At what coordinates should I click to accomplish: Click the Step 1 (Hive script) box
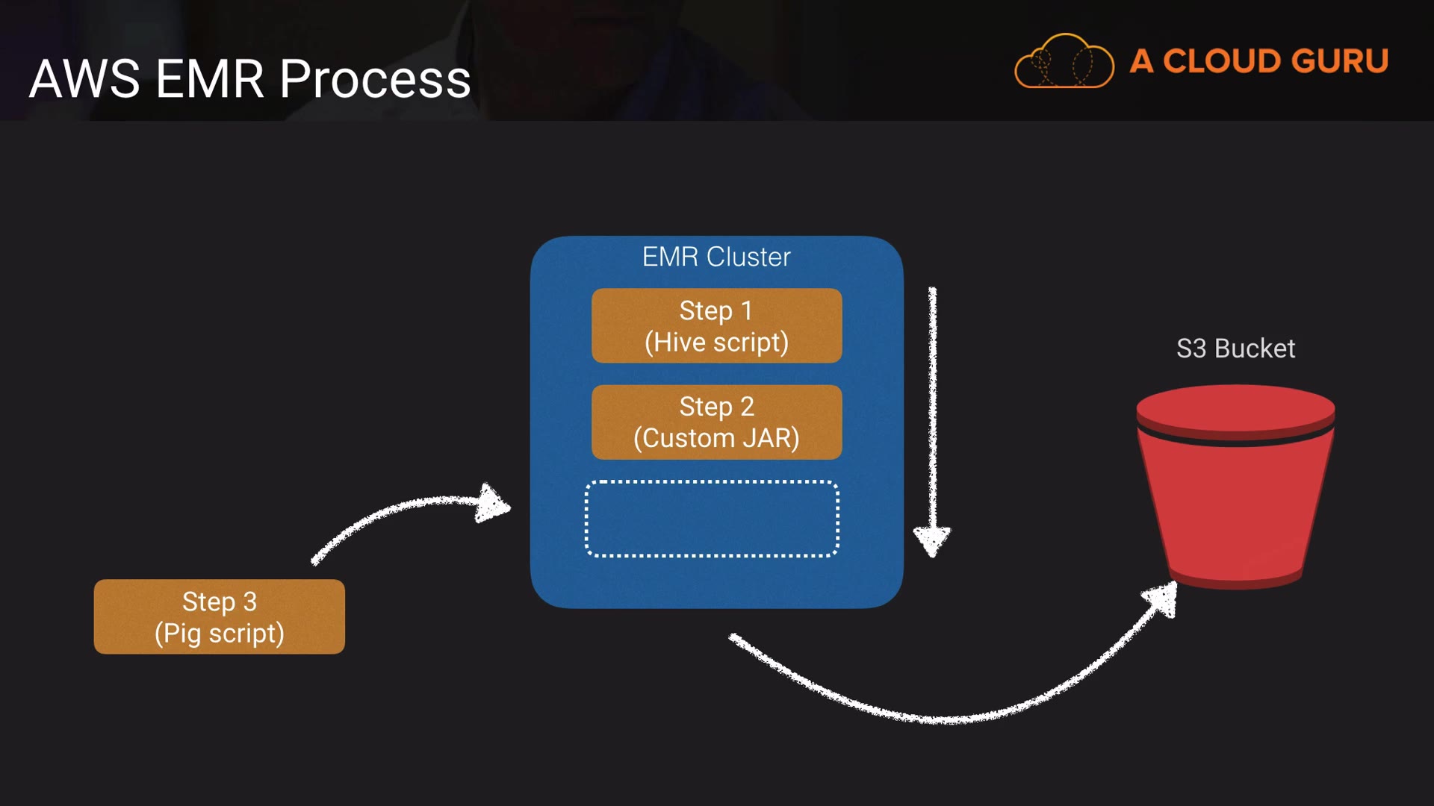(x=716, y=325)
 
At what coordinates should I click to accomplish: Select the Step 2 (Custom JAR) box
(x=716, y=422)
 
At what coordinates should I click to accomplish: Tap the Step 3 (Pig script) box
(x=219, y=616)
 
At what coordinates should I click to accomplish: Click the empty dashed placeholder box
(x=711, y=519)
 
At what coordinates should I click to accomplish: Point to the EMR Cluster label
(x=716, y=257)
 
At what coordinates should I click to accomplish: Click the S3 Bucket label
(x=1235, y=349)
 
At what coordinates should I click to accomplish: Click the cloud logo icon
(x=1064, y=61)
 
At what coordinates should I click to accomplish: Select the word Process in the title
(x=375, y=79)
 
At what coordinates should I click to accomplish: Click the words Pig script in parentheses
(x=219, y=634)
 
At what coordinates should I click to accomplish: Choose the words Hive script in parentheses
(x=716, y=343)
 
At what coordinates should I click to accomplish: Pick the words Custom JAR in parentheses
(x=716, y=438)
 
